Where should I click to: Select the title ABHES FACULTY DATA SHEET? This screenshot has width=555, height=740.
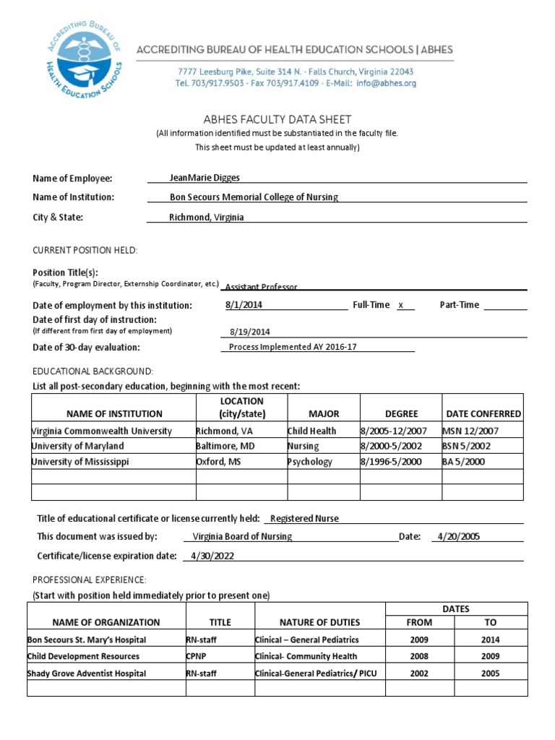[277, 120]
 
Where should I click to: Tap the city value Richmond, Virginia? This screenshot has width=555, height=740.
[207, 217]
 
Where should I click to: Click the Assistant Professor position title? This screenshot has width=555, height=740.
[261, 287]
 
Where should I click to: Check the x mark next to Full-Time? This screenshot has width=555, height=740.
[400, 305]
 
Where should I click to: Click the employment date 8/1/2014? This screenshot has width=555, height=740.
[244, 305]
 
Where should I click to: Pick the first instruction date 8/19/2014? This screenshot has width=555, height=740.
[249, 332]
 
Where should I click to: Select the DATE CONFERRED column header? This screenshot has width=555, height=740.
[483, 414]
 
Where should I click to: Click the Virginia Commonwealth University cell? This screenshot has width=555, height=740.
[102, 431]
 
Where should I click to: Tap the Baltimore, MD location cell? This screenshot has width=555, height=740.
[225, 446]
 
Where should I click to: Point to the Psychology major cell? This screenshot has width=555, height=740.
[310, 462]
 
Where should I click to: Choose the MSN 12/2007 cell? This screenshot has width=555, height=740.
[470, 431]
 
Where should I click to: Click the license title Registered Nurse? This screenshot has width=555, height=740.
[304, 518]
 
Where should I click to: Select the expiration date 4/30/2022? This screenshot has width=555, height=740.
[212, 556]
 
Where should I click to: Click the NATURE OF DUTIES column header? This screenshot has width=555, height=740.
[319, 622]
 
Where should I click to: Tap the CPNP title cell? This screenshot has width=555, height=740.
[197, 656]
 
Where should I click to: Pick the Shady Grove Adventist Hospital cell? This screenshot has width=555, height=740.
[87, 674]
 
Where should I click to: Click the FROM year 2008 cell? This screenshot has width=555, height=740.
[419, 656]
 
